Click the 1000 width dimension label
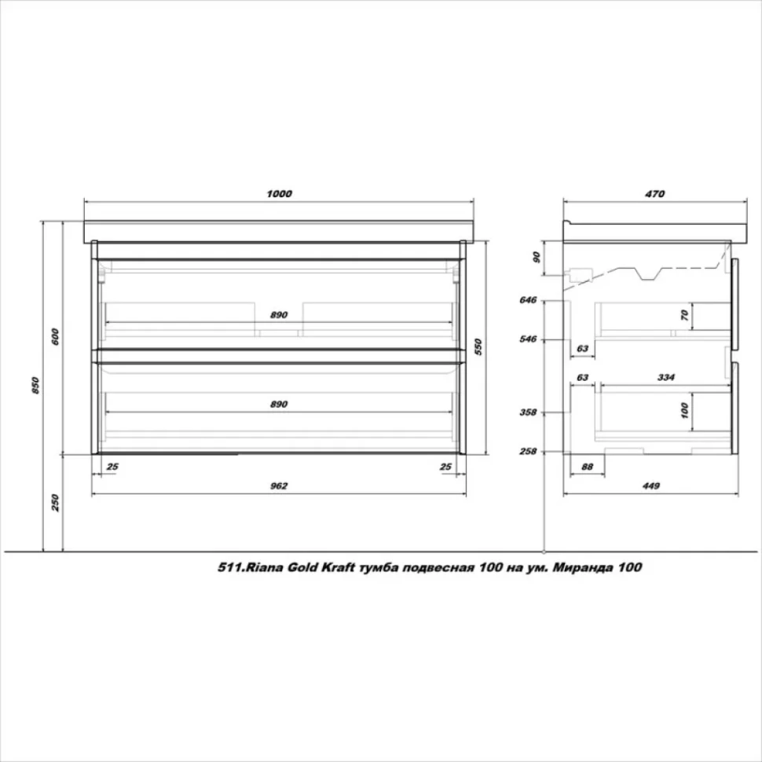coord(279,194)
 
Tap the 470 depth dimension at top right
coord(654,194)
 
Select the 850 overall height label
coord(35,386)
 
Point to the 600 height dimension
coord(55,337)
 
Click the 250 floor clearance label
coord(55,503)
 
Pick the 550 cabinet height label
coord(478,347)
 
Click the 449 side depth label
coord(650,486)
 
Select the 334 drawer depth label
coord(665,378)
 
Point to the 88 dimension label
coord(587,467)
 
